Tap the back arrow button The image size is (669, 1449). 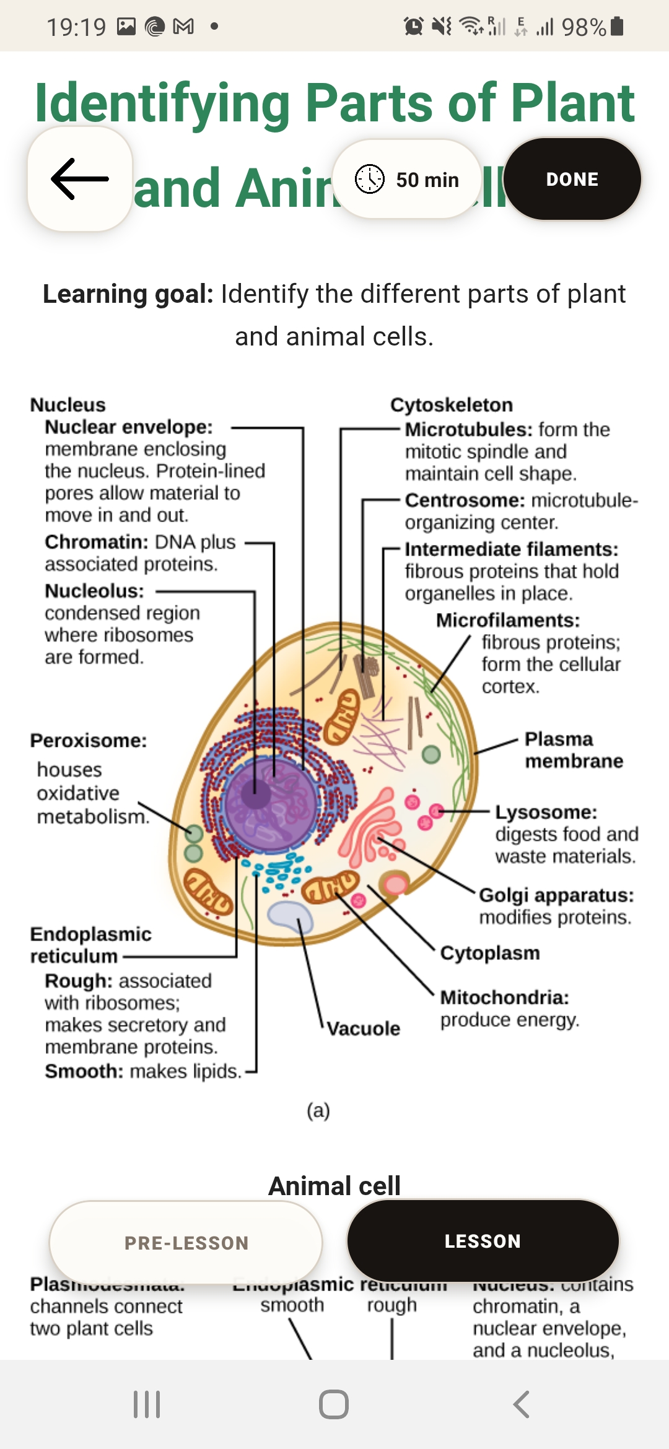[x=80, y=179]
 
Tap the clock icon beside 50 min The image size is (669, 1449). [x=370, y=180]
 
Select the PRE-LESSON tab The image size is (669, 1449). [x=186, y=1242]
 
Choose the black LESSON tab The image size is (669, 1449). [x=483, y=1241]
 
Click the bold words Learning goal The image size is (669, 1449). [x=128, y=294]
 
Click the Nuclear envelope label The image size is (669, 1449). [x=129, y=427]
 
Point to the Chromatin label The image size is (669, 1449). [x=96, y=542]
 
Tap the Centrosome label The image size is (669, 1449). [x=465, y=500]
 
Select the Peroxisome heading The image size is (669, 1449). [x=89, y=741]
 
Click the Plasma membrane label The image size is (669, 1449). [x=573, y=750]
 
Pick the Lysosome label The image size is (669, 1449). [x=546, y=812]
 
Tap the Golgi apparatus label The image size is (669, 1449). [x=556, y=895]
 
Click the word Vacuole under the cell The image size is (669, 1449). [x=364, y=1029]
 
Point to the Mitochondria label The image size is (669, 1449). [x=504, y=998]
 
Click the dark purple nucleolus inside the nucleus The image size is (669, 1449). [x=255, y=793]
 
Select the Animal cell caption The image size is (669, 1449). [x=334, y=1186]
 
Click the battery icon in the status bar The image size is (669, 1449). [x=617, y=27]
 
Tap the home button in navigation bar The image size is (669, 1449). [x=334, y=1404]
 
